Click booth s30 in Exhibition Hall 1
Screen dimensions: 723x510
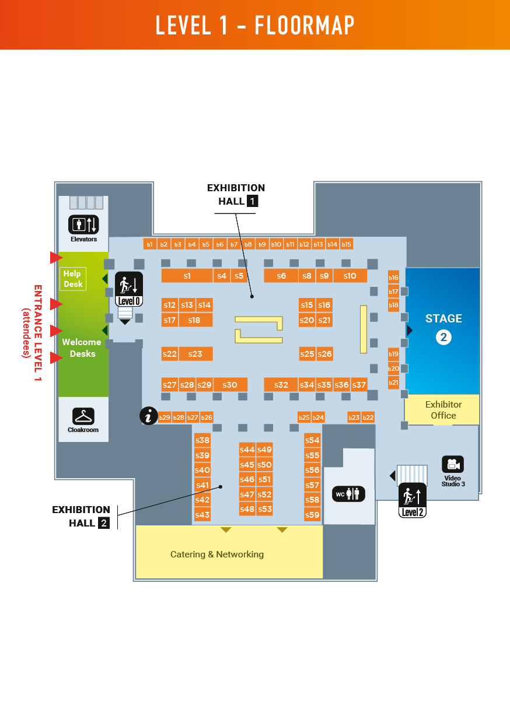pos(230,385)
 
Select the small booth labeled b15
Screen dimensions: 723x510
pos(347,244)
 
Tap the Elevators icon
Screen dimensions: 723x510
pos(84,224)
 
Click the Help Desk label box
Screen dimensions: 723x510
pos(72,279)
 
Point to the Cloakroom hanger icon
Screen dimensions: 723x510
pos(84,416)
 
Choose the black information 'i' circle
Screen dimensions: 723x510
pos(149,416)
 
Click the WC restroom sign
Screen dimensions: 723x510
pos(349,494)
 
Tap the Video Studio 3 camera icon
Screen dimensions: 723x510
pos(452,465)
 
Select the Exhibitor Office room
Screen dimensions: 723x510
pos(443,409)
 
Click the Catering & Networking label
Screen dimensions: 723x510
pos(217,554)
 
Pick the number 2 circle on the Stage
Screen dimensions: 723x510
pos(443,337)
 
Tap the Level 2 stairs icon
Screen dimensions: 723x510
pos(412,500)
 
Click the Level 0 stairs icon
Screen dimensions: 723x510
pos(128,289)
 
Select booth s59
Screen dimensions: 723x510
pos(312,515)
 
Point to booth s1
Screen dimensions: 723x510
pos(187,276)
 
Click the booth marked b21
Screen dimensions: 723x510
pos(393,382)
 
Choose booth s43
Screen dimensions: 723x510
pos(202,515)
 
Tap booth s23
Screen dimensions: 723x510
pos(195,354)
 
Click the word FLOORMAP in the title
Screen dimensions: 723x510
pos(305,25)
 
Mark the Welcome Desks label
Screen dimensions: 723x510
pos(82,348)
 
